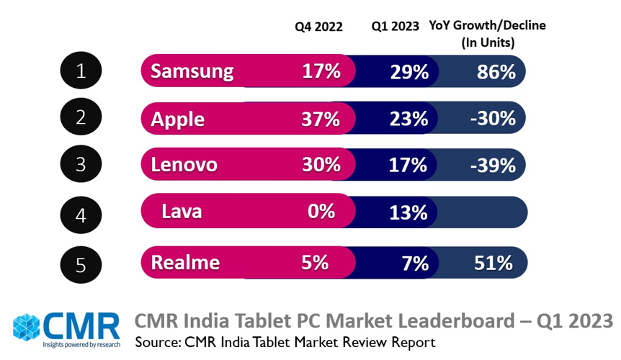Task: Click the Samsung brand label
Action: tap(192, 71)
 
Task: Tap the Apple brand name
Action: tap(177, 118)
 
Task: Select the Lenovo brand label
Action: tap(184, 165)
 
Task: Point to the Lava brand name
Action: tap(182, 212)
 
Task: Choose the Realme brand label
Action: tap(184, 262)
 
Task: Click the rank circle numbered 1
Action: tap(81, 71)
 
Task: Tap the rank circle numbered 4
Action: tap(81, 214)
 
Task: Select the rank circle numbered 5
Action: tap(81, 264)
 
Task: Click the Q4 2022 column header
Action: tap(318, 27)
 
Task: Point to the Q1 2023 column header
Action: tap(395, 27)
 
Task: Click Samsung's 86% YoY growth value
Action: tap(496, 71)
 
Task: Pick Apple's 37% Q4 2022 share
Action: tap(321, 118)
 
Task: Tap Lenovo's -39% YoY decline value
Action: tap(493, 165)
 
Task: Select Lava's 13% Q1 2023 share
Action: tap(408, 212)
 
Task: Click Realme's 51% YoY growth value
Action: tap(493, 262)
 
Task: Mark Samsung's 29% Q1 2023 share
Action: tap(409, 71)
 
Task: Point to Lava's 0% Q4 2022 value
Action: tap(321, 211)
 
